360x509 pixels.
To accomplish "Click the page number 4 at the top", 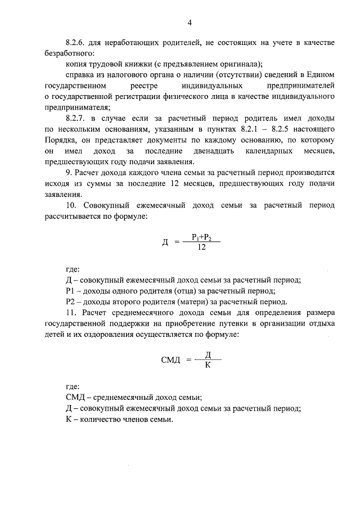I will pos(190,22).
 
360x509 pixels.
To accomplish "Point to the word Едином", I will pos(323,75).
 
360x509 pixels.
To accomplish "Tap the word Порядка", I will pos(59,140).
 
